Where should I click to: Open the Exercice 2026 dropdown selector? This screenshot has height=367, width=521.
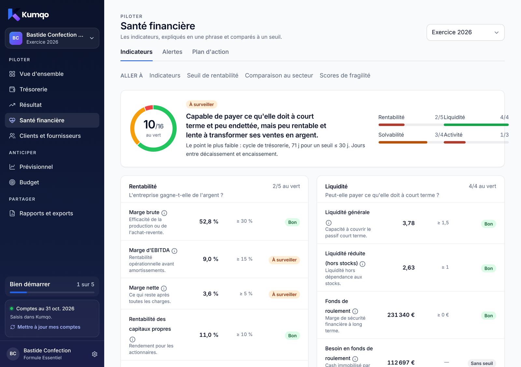coord(465,32)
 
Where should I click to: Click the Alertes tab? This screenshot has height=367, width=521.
coord(172,52)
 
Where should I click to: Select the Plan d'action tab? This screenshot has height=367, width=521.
coord(210,52)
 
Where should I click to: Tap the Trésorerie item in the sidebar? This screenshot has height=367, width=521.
coord(33,89)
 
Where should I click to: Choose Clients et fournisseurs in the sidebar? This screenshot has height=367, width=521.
coord(50,136)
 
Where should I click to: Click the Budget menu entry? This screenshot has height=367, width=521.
coord(29,182)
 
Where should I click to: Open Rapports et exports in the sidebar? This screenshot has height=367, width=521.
coord(46,213)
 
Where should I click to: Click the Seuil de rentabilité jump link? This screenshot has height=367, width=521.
coord(213,75)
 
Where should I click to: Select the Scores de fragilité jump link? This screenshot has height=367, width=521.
coord(345,75)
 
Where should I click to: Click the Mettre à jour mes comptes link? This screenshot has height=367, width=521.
coord(49,327)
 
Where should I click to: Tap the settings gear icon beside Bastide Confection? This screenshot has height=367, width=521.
coord(94,354)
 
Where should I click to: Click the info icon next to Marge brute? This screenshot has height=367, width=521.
coord(164,213)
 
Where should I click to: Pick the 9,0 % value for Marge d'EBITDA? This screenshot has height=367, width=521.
coord(210,259)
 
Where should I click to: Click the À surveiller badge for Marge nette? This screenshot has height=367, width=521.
coord(284,294)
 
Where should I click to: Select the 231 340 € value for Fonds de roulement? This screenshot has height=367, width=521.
coord(401,315)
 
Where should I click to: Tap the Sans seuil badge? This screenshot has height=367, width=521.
coord(482,363)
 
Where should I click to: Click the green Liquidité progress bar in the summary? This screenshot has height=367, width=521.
coord(476,125)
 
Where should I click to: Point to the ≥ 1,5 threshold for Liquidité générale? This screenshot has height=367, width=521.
coord(443,223)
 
